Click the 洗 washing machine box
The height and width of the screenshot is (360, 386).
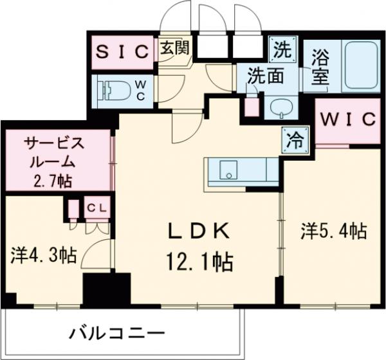(x=282, y=47)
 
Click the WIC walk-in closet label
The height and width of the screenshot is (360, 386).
(x=348, y=119)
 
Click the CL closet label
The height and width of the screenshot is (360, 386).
(x=98, y=207)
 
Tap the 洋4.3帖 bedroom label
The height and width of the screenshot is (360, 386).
(x=43, y=256)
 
